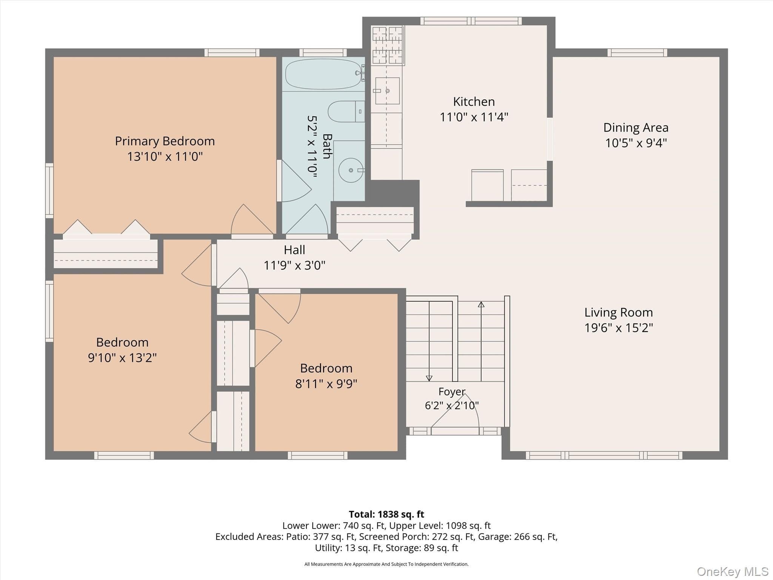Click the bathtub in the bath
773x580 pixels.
coord(323,74)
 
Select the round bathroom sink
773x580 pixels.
coord(351,170)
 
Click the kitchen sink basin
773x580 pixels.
coord(387,91)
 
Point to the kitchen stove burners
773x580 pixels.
coord(388,45)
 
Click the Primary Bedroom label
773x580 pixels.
coord(165,141)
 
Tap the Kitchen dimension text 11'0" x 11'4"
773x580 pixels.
coord(474,117)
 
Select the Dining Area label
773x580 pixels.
coord(636,128)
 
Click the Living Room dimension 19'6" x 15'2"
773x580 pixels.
coord(619,327)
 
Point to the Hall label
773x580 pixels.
coord(294,250)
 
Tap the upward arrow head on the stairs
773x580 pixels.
coord(481,304)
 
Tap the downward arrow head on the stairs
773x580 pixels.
coord(429,378)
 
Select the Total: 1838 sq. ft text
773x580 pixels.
coord(386,514)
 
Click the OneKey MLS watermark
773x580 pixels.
coord(732,572)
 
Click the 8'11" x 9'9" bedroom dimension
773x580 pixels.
coord(326,384)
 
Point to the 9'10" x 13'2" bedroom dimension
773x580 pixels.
coord(122,358)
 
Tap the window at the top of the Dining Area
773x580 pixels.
coord(637,52)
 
